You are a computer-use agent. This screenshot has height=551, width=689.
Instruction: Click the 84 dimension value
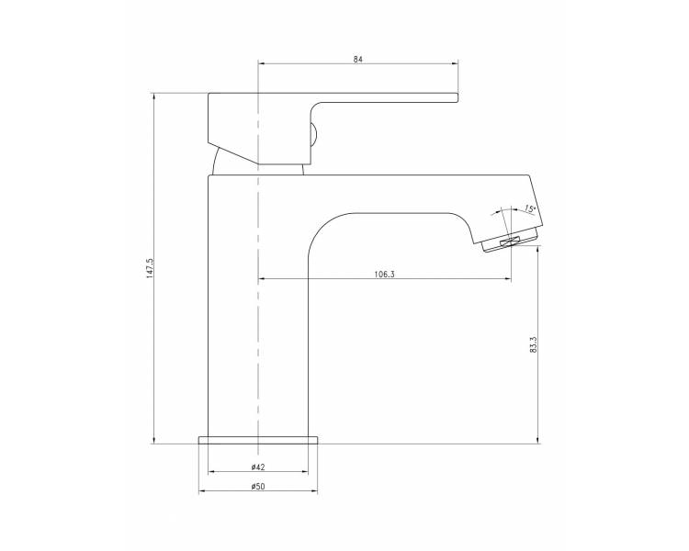coord(357,59)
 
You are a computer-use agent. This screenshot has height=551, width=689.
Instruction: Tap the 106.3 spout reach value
coord(385,275)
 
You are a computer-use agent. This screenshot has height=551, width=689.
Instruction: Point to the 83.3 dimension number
coord(534,345)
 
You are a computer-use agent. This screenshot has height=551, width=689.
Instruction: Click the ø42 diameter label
coord(258,467)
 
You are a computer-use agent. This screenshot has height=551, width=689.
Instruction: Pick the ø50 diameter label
coord(258,486)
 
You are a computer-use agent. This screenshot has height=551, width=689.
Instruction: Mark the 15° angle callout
coord(530,208)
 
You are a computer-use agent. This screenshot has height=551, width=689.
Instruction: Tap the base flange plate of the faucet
coord(258,440)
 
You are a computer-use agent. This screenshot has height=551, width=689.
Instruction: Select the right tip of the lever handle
coord(457,98)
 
